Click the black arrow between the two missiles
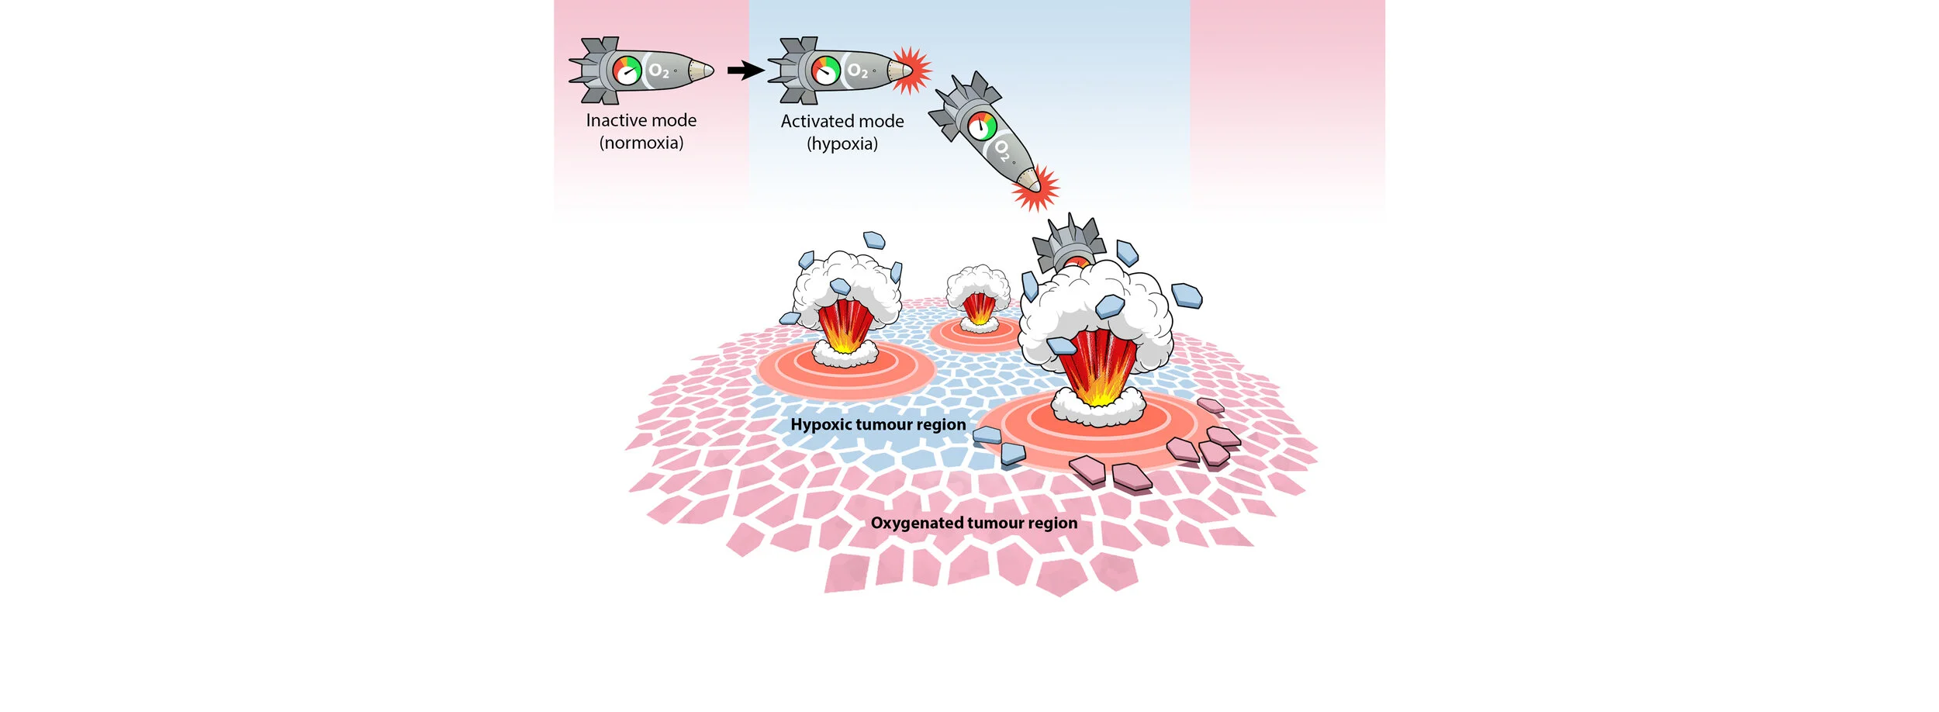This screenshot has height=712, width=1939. pos(745,71)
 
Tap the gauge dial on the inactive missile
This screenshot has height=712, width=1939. pos(627,71)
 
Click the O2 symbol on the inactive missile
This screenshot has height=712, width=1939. pos(658,71)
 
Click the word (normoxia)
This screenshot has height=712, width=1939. pos(641,143)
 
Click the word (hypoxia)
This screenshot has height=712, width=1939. pos(842,143)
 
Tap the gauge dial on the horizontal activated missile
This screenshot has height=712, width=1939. pos(826,71)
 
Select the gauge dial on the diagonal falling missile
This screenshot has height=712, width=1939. pos(983,126)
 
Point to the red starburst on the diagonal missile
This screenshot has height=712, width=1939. pos(1035,188)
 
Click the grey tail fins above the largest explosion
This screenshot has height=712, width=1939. pos(1069,240)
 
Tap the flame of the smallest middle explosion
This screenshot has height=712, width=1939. pos(979,309)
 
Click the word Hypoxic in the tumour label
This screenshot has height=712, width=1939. pos(821,424)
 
